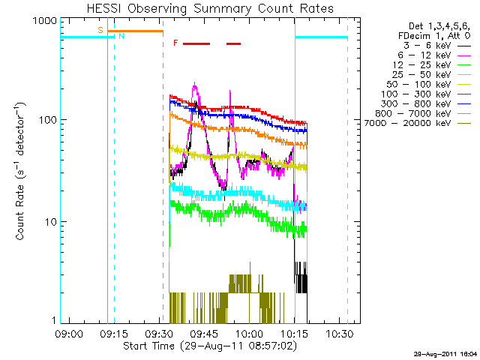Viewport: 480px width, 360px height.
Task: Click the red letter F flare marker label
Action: pyautogui.click(x=175, y=43)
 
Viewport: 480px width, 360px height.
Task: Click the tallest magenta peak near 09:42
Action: pyautogui.click(x=195, y=85)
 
